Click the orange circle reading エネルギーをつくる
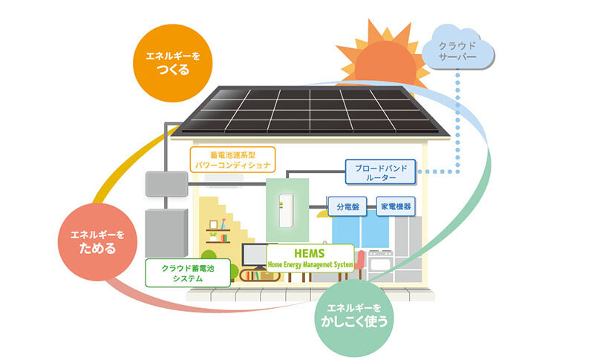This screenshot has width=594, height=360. (168, 64)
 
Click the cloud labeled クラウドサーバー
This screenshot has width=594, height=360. (458, 49)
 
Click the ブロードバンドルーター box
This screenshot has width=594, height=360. (381, 172)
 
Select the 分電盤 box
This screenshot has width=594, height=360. (347, 206)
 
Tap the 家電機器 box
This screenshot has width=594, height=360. (396, 206)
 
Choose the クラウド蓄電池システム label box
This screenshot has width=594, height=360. (183, 272)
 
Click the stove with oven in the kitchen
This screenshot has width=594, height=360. (378, 264)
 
